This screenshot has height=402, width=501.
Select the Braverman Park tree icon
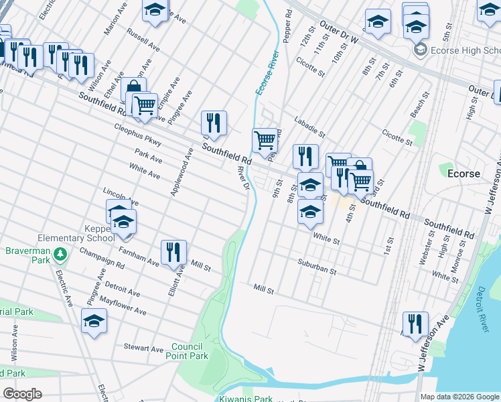click(61, 254)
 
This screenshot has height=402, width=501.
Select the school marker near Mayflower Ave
click(94, 321)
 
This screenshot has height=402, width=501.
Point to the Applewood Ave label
click(182, 172)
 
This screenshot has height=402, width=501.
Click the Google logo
click(22, 393)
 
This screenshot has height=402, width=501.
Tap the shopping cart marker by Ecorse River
click(265, 140)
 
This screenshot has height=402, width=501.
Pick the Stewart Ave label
click(143, 348)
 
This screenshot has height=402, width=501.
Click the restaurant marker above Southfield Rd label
click(214, 123)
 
